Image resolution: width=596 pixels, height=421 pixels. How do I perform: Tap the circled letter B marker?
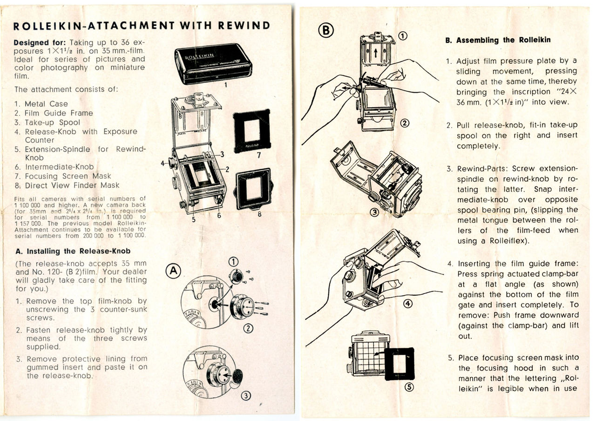[x=326, y=30]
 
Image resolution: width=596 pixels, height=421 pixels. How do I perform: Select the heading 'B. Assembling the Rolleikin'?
[x=497, y=40]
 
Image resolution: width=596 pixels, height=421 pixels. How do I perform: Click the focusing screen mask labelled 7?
[x=251, y=131]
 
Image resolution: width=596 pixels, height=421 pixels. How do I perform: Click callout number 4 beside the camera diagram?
[x=163, y=163]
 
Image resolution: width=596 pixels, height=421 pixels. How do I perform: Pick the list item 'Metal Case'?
[x=46, y=104]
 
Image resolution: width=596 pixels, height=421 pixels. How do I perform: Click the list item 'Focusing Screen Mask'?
[x=68, y=176]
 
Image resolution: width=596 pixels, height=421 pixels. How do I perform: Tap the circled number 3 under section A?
[x=246, y=396]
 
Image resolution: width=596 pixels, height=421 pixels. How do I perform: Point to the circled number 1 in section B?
[x=403, y=35]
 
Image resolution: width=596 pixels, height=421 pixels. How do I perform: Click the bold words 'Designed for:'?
[x=40, y=42]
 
